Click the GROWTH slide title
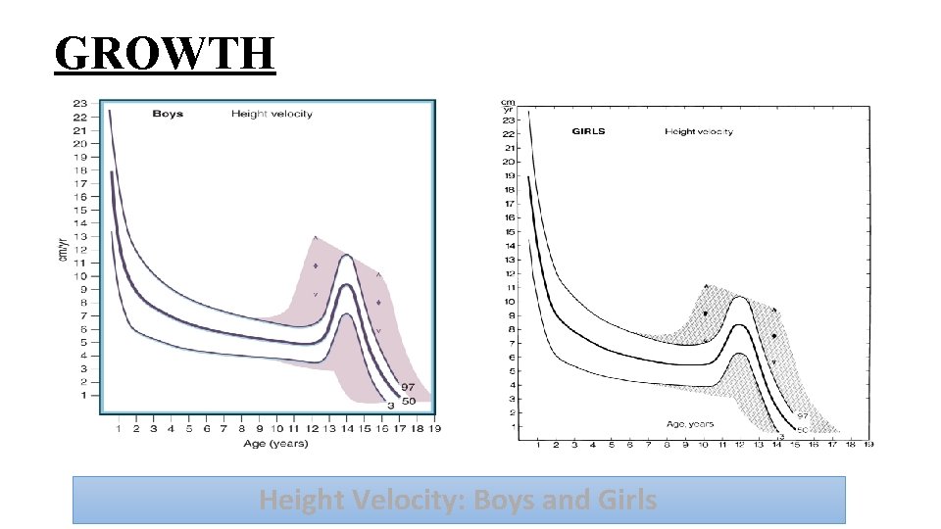click(165, 53)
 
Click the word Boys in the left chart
click(168, 114)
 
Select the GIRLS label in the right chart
click(589, 131)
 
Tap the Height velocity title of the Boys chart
click(272, 114)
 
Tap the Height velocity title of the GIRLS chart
click(699, 131)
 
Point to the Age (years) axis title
click(275, 444)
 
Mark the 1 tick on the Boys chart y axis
click(83, 395)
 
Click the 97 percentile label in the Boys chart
click(408, 388)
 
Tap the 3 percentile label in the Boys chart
click(389, 405)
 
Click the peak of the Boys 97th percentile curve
click(346, 255)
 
